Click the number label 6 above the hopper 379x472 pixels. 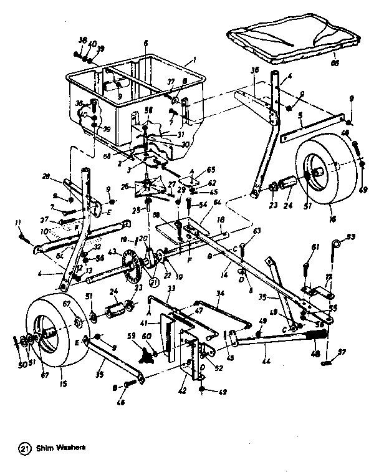pos(145,43)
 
